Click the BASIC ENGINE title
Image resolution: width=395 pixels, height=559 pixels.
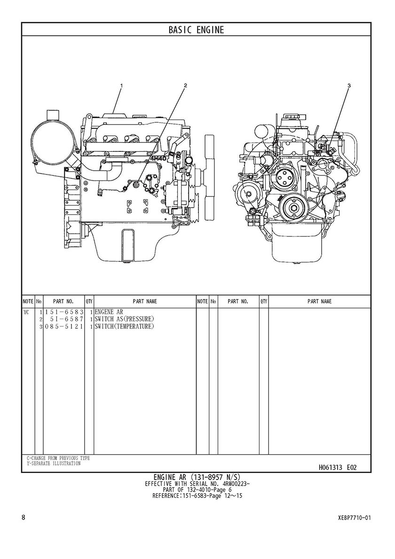(197, 30)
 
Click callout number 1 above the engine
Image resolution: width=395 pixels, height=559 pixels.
(122, 86)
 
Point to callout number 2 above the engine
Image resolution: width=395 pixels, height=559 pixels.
(185, 86)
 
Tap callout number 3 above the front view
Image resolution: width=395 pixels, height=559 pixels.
(349, 86)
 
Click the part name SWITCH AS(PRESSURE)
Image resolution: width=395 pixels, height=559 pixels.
(125, 319)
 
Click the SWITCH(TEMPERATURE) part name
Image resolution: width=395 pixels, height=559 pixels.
(125, 326)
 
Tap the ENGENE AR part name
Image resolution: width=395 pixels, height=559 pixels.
(109, 312)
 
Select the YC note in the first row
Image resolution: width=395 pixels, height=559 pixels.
(26, 312)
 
